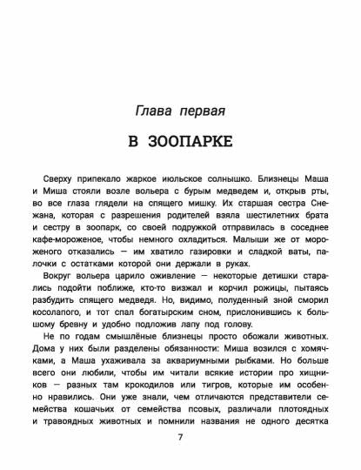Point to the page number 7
pyautogui.click(x=180, y=439)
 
